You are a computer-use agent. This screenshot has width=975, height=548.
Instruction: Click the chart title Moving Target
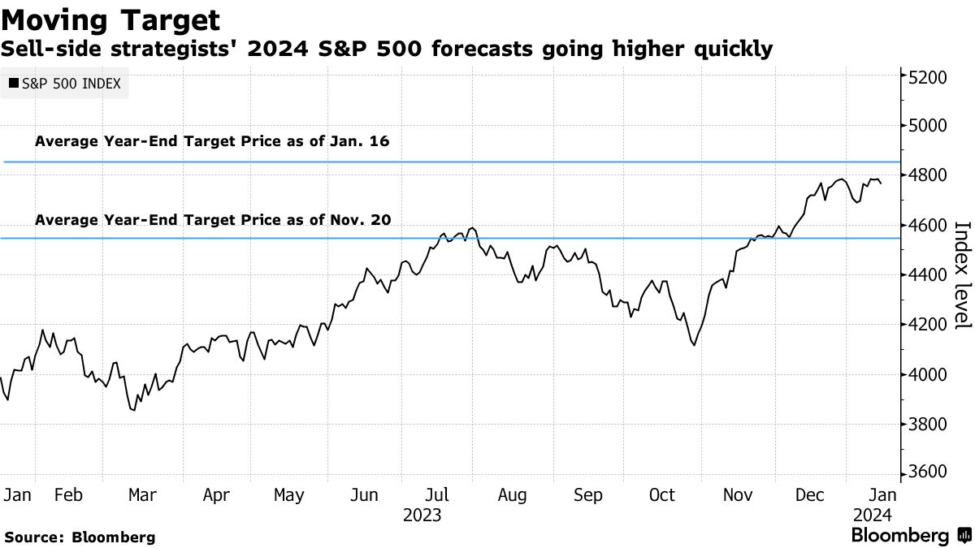pyautogui.click(x=110, y=19)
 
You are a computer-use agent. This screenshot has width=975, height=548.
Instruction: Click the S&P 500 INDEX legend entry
pyautogui.click(x=65, y=83)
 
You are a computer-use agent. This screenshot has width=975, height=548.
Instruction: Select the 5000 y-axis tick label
pyautogui.click(x=927, y=126)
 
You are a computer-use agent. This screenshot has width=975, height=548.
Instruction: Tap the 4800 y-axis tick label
pyautogui.click(x=927, y=175)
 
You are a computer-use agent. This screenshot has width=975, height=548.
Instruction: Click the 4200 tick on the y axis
pyautogui.click(x=927, y=325)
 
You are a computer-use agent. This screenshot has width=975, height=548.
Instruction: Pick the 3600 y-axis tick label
pyautogui.click(x=927, y=473)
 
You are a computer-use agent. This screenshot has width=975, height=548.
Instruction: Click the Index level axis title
pyautogui.click(x=961, y=275)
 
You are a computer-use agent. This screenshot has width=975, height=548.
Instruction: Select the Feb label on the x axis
pyautogui.click(x=71, y=495)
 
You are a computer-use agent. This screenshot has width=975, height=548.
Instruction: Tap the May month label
pyautogui.click(x=288, y=495)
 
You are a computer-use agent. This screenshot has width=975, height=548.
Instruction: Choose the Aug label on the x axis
pyautogui.click(x=513, y=495)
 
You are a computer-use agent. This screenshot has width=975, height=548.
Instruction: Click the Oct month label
pyautogui.click(x=662, y=495)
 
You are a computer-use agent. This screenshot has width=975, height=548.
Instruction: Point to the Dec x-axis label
pyautogui.click(x=810, y=495)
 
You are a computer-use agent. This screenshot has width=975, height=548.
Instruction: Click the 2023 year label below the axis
pyautogui.click(x=422, y=516)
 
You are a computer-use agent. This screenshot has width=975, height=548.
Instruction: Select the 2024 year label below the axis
pyautogui.click(x=873, y=516)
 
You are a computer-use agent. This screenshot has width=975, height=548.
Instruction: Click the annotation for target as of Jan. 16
pyautogui.click(x=212, y=141)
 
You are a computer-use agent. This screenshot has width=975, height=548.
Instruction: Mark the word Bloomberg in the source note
pyautogui.click(x=114, y=537)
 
